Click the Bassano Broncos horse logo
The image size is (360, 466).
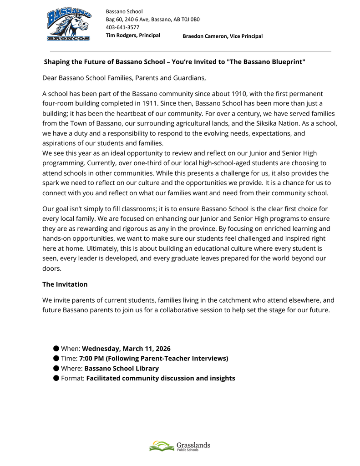[69, 25]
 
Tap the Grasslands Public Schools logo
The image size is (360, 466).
[180, 446]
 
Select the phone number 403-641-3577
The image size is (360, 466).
[122, 27]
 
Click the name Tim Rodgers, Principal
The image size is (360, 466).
[133, 35]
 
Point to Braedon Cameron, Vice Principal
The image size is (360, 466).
[223, 36]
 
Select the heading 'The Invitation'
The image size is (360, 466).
[65, 284]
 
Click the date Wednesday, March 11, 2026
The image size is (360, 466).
[126, 349]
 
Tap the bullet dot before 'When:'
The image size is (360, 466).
[56, 349]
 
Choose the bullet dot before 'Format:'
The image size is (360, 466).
[56, 378]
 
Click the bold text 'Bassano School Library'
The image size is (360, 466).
[122, 369]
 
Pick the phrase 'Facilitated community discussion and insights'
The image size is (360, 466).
[161, 378]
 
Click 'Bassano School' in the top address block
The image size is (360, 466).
[124, 11]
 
